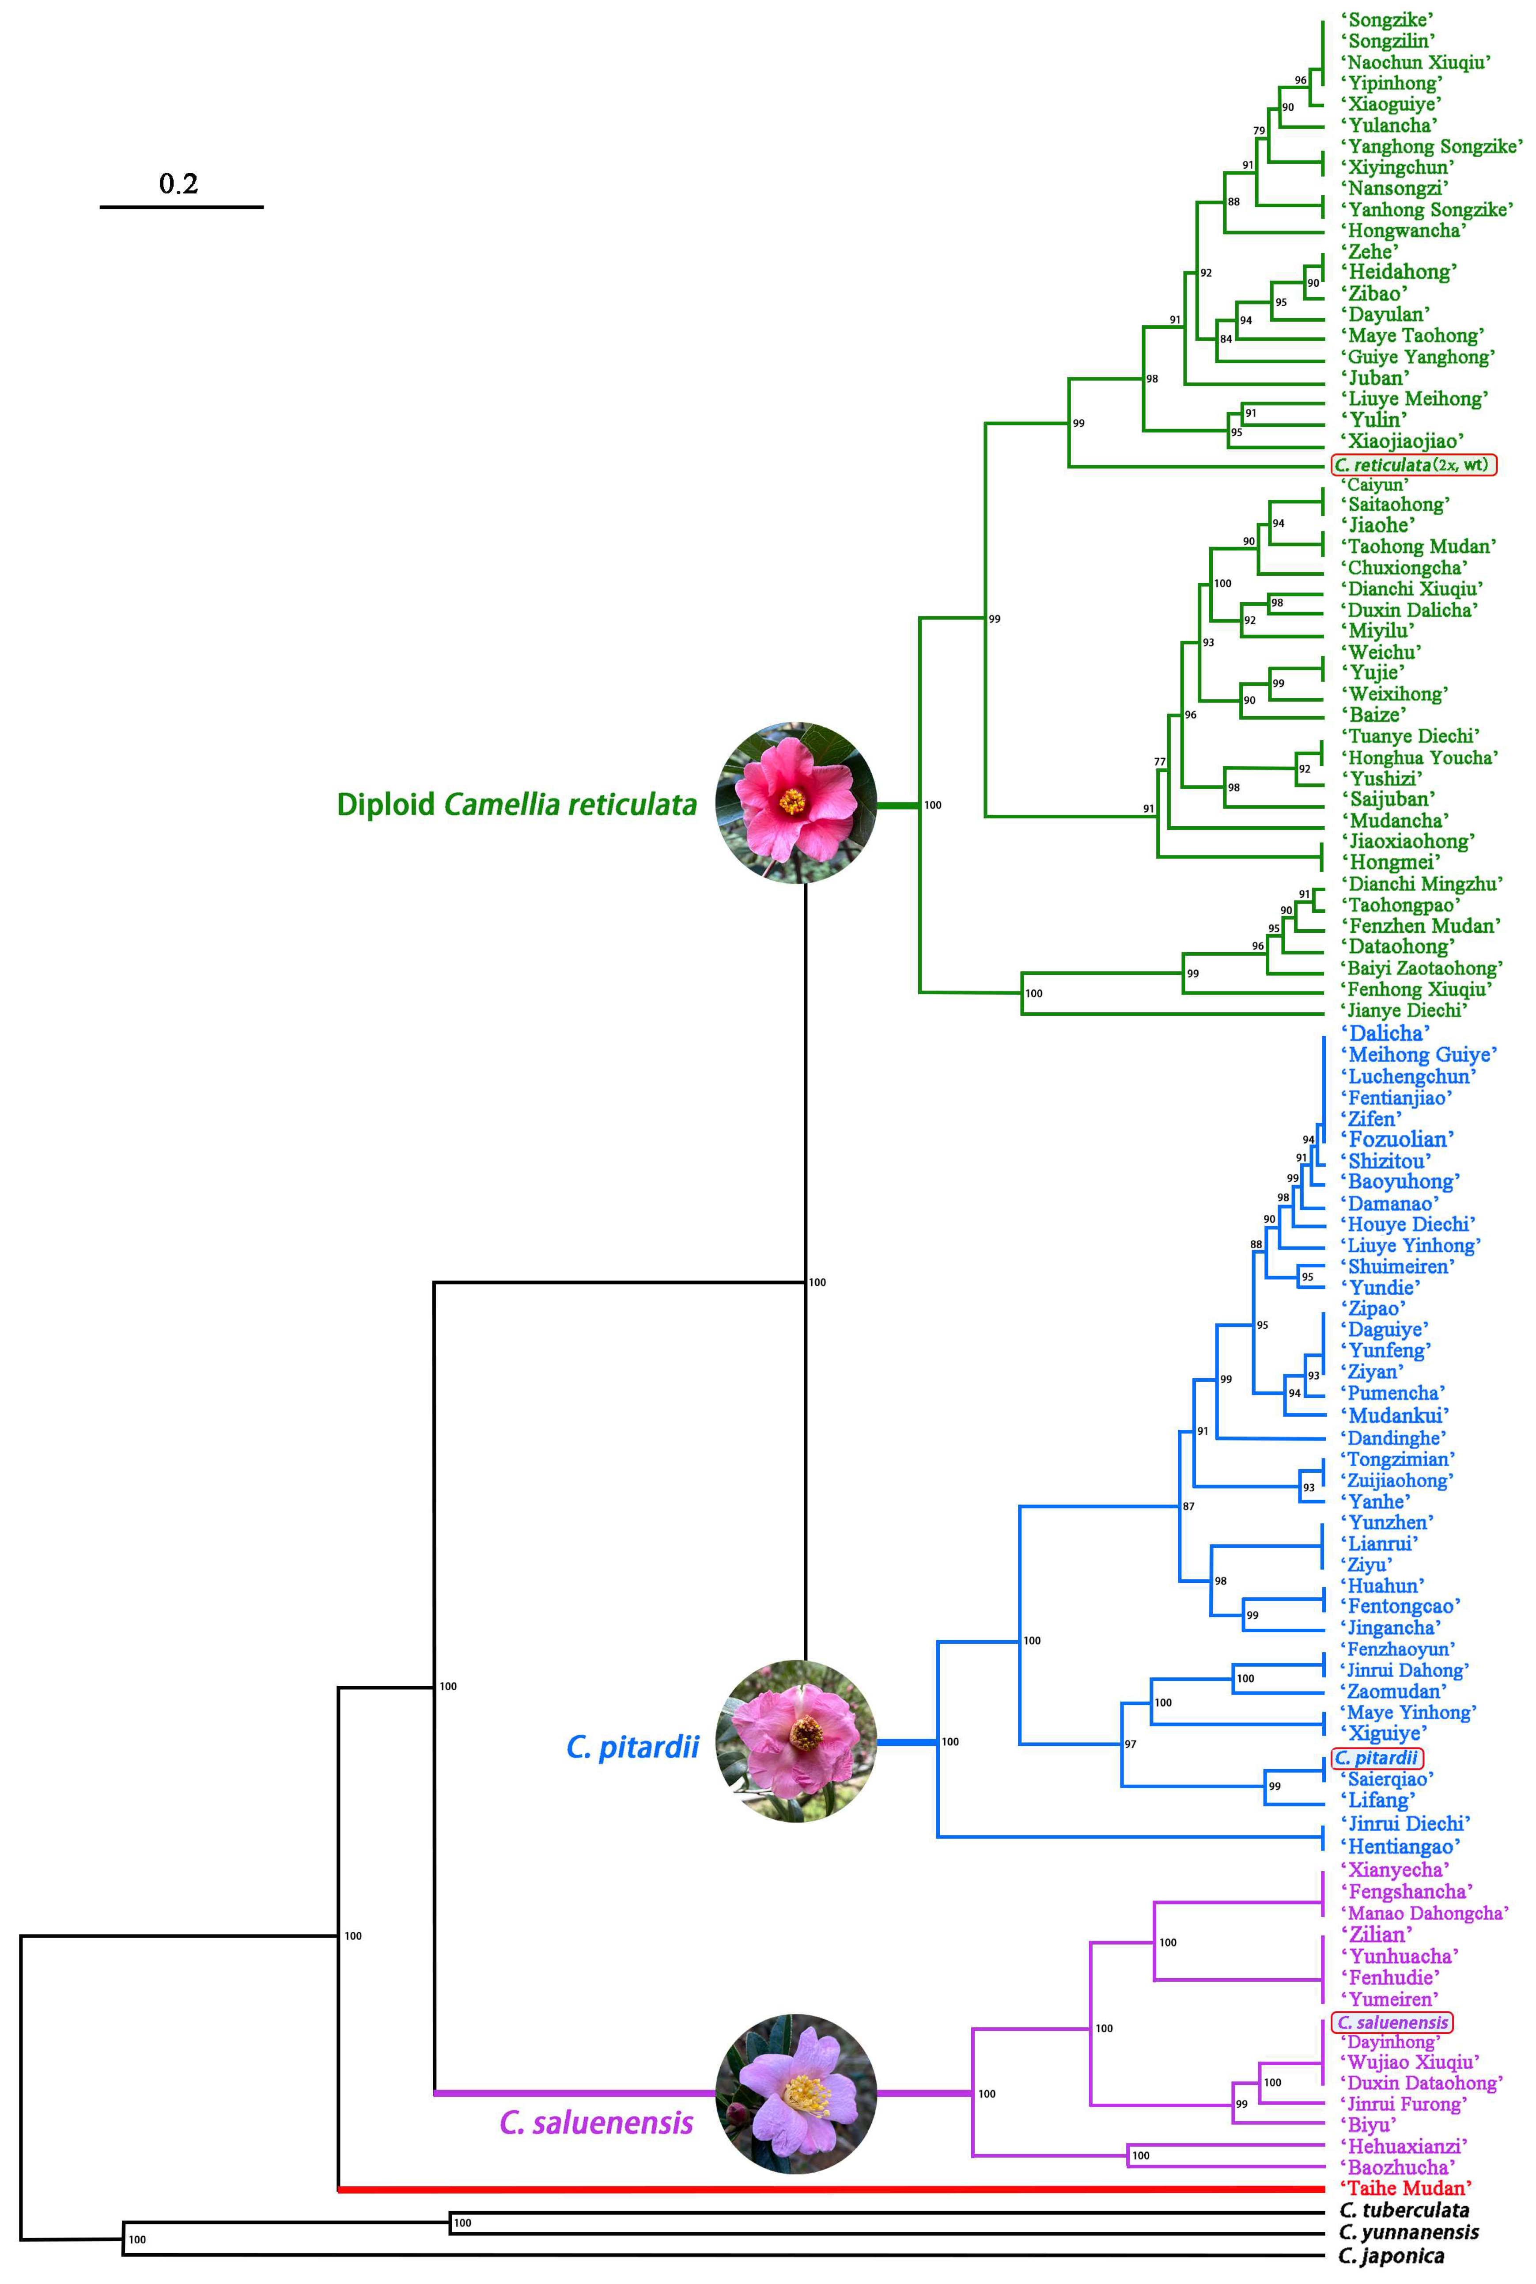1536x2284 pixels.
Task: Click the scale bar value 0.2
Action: tap(178, 183)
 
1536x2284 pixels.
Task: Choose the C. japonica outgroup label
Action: tap(1391, 2256)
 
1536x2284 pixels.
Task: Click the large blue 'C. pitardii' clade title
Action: tap(633, 1747)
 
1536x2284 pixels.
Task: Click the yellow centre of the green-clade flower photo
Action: tap(791, 802)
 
